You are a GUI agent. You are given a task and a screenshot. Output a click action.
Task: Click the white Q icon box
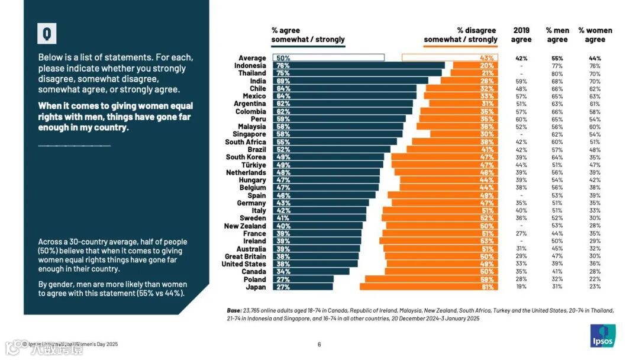pyautogui.click(x=47, y=34)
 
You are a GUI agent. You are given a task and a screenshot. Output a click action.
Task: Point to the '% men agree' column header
pyautogui.click(x=557, y=35)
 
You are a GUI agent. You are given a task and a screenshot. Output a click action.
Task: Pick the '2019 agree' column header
pyautogui.click(x=521, y=35)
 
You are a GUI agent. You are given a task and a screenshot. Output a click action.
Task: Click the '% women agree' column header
pyautogui.click(x=595, y=35)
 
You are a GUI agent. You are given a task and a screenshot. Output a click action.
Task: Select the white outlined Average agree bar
pyautogui.click(x=328, y=58)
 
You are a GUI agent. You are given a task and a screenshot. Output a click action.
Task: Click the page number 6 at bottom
pyautogui.click(x=319, y=345)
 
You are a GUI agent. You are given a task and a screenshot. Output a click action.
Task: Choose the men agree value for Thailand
pyautogui.click(x=557, y=73)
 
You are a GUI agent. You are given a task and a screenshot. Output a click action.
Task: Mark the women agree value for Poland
pyautogui.click(x=595, y=279)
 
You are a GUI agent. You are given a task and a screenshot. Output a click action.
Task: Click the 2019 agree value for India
pyautogui.click(x=521, y=81)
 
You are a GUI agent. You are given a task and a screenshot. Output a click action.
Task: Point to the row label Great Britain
pyautogui.click(x=246, y=256)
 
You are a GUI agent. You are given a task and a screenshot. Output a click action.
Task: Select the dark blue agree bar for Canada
pyautogui.click(x=311, y=272)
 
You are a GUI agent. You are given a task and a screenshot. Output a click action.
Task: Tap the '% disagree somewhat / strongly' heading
pyautogui.click(x=461, y=35)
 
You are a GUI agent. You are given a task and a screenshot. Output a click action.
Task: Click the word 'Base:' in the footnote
pyautogui.click(x=234, y=310)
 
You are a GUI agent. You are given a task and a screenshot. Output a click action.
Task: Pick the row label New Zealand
pyautogui.click(x=245, y=226)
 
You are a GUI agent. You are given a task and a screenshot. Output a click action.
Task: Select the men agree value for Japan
pyautogui.click(x=557, y=287)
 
